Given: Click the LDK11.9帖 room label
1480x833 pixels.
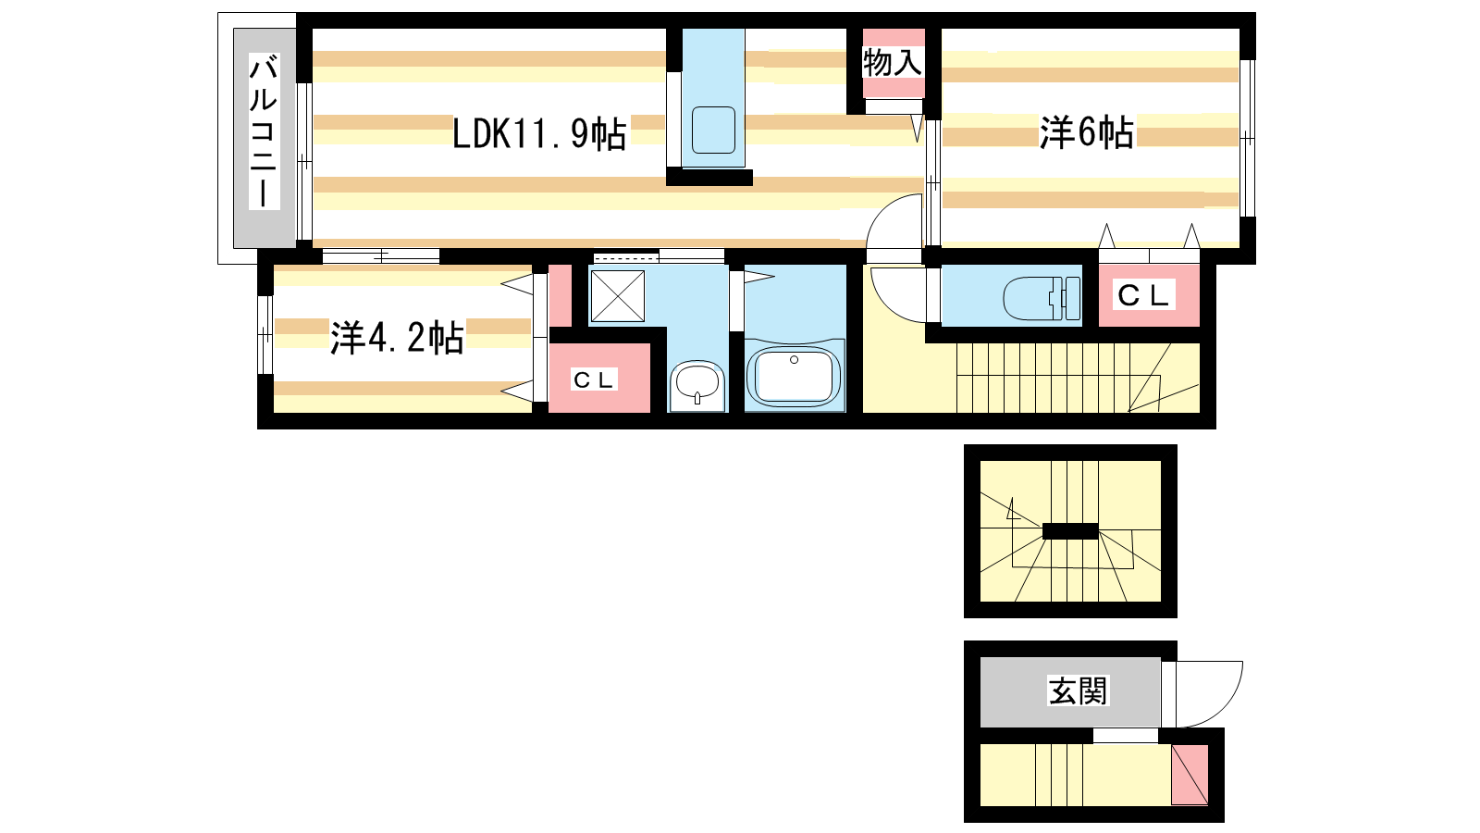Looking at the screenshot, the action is pos(539,134).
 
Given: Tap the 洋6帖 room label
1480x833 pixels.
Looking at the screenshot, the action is pos(1086,132).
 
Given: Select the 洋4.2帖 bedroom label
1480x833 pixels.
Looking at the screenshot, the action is pos(397,338).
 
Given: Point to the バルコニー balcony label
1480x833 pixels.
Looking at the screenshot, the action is pos(264,131).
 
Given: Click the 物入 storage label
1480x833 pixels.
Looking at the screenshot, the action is pos(893,63).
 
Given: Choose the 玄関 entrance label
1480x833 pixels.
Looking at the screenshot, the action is pos(1077,690).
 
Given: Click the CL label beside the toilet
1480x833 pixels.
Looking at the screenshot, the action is pos(1144,295).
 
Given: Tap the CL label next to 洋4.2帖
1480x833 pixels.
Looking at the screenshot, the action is pos(594,379).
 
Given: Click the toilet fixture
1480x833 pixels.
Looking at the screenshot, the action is pos(1042,298).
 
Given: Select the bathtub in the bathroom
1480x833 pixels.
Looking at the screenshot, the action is pos(795,374).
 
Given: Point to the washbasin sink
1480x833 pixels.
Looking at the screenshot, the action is pos(697,383).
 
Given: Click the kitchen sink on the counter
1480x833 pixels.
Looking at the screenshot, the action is pos(713,131).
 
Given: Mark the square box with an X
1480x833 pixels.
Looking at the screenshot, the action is pos(617,295).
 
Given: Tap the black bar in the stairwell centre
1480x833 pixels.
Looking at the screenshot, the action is pos(1070,531).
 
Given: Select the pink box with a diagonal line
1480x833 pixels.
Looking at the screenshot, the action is pos(1190,774).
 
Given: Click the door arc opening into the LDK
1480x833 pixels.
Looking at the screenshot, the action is pos(894,222).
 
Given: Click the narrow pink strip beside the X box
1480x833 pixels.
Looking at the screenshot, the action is pos(560,295).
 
